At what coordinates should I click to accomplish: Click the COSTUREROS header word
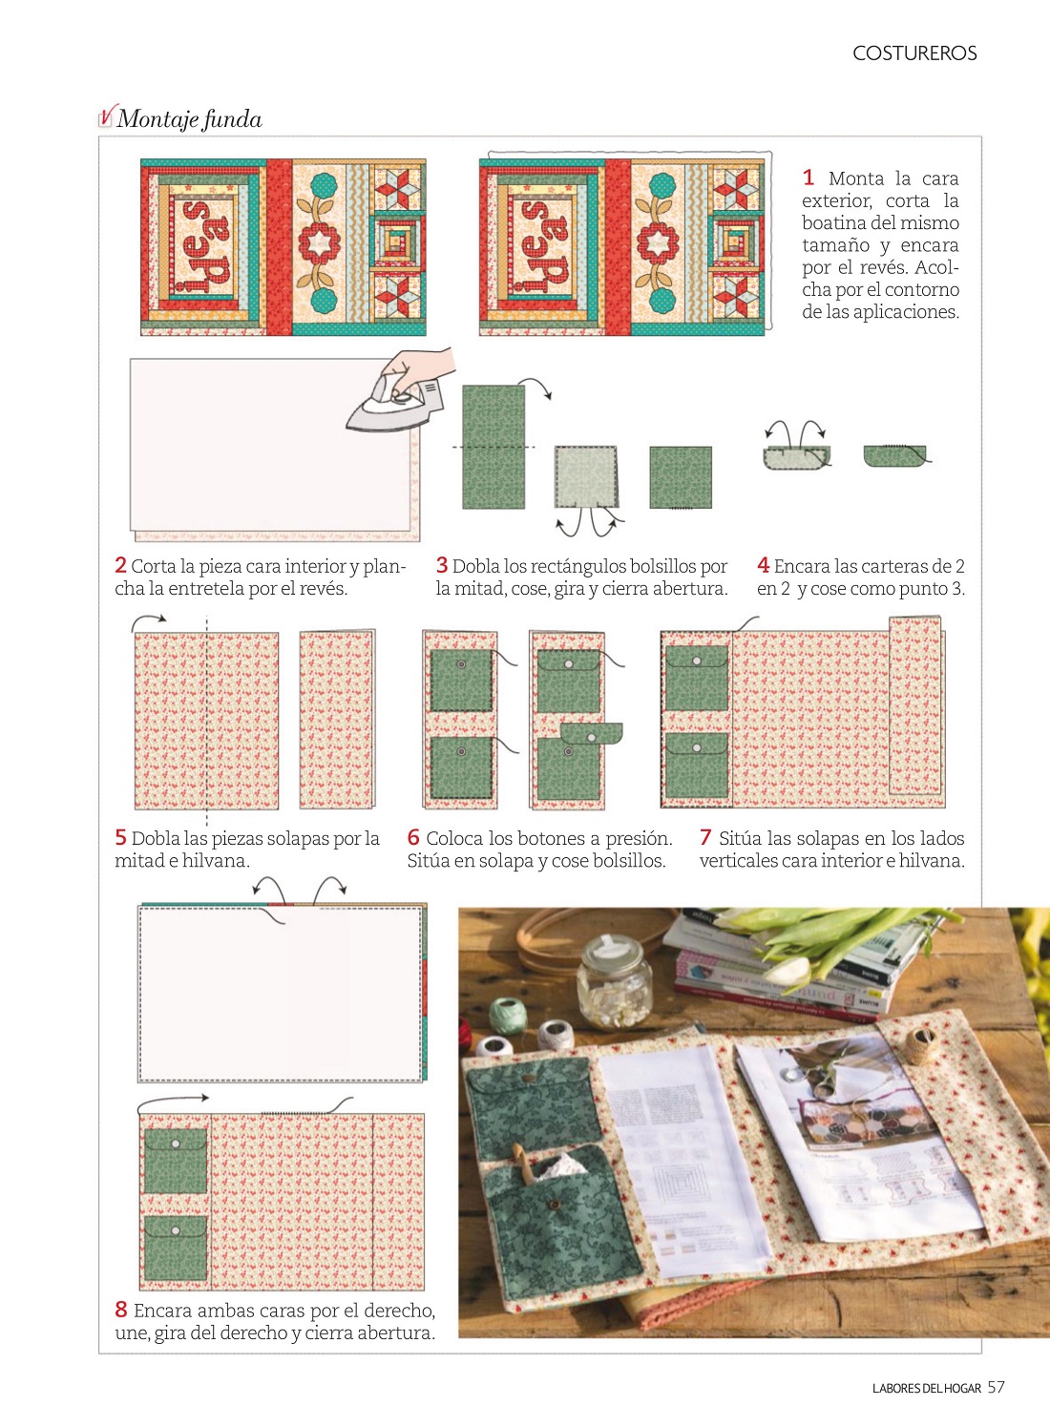(x=914, y=53)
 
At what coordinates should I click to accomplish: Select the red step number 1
(x=808, y=177)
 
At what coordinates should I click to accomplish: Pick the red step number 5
(x=120, y=838)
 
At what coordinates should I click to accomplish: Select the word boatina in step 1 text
(x=834, y=223)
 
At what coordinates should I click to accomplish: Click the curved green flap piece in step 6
(x=591, y=733)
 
